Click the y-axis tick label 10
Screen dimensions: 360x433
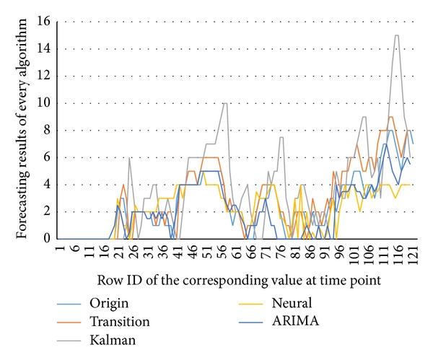coord(42,103)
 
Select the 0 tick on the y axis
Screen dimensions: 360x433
coord(45,239)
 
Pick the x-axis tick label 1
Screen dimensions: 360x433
coord(58,252)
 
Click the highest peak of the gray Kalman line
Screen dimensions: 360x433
coord(396,35)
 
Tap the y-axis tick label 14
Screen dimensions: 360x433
coord(42,49)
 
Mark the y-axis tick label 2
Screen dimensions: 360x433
coord(45,211)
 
